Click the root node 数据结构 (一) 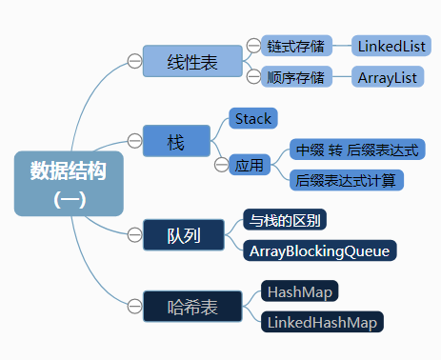click(x=70, y=183)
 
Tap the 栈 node click(x=175, y=142)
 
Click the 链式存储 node click(x=295, y=45)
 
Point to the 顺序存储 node click(x=295, y=76)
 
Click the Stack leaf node click(x=252, y=119)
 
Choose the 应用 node click(x=250, y=165)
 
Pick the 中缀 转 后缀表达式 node click(x=358, y=150)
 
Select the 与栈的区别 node click(x=284, y=220)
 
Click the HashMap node click(x=300, y=290)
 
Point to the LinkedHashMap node click(x=322, y=322)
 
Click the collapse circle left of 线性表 click(x=134, y=61)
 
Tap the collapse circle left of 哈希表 click(x=134, y=307)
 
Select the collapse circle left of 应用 click(x=221, y=165)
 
